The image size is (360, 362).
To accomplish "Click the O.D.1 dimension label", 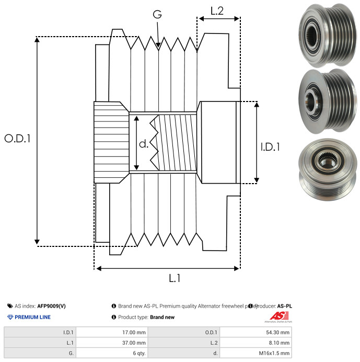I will (17, 139).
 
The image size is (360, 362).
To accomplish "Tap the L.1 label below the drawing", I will (175, 279).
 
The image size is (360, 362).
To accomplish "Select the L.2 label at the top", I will (217, 10).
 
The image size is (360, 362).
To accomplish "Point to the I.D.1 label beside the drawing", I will (270, 148).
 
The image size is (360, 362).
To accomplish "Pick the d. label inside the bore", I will (144, 143).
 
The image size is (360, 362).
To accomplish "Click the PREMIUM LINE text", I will (32, 317).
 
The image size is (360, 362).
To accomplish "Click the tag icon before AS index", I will (10, 306).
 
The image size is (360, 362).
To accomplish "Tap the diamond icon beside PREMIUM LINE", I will (10, 317).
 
